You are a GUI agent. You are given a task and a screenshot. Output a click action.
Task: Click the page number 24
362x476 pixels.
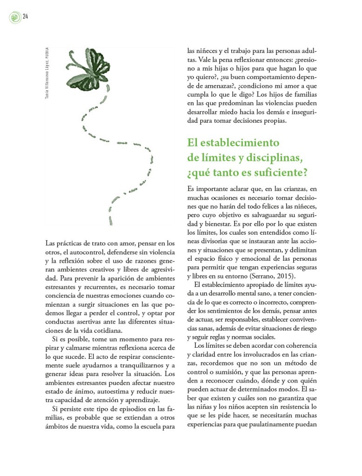pyautogui.click(x=25, y=17)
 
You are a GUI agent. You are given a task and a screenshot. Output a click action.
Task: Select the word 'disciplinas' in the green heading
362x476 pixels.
pyautogui.click(x=269, y=158)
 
